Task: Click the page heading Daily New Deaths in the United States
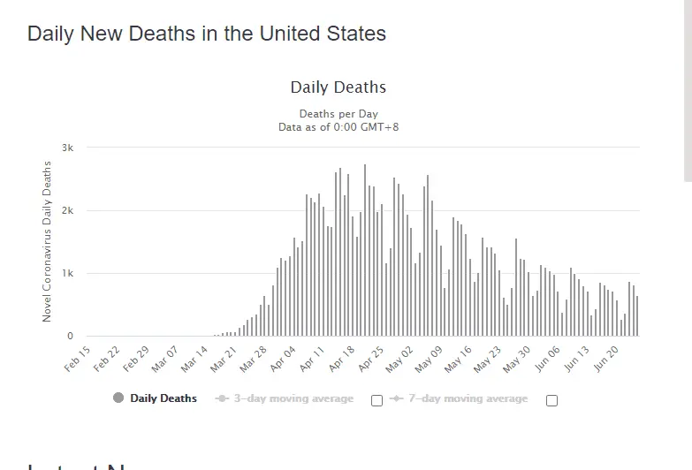pos(207,34)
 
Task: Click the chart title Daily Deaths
pos(338,87)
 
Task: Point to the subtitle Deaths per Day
pos(338,114)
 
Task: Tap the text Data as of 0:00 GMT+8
pos(338,126)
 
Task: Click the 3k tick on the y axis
pos(67,148)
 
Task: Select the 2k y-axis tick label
pos(67,210)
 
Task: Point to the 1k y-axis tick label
pos(67,274)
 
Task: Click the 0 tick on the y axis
pos(70,337)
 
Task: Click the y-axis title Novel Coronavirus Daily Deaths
pos(48,241)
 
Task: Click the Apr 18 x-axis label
pos(342,360)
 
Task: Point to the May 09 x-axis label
pos(430,360)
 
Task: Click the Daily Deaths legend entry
pos(163,398)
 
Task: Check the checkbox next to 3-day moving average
pos(377,400)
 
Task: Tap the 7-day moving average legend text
pos(468,398)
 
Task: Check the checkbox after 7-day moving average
pos(552,400)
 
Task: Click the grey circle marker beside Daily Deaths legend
pos(118,398)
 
